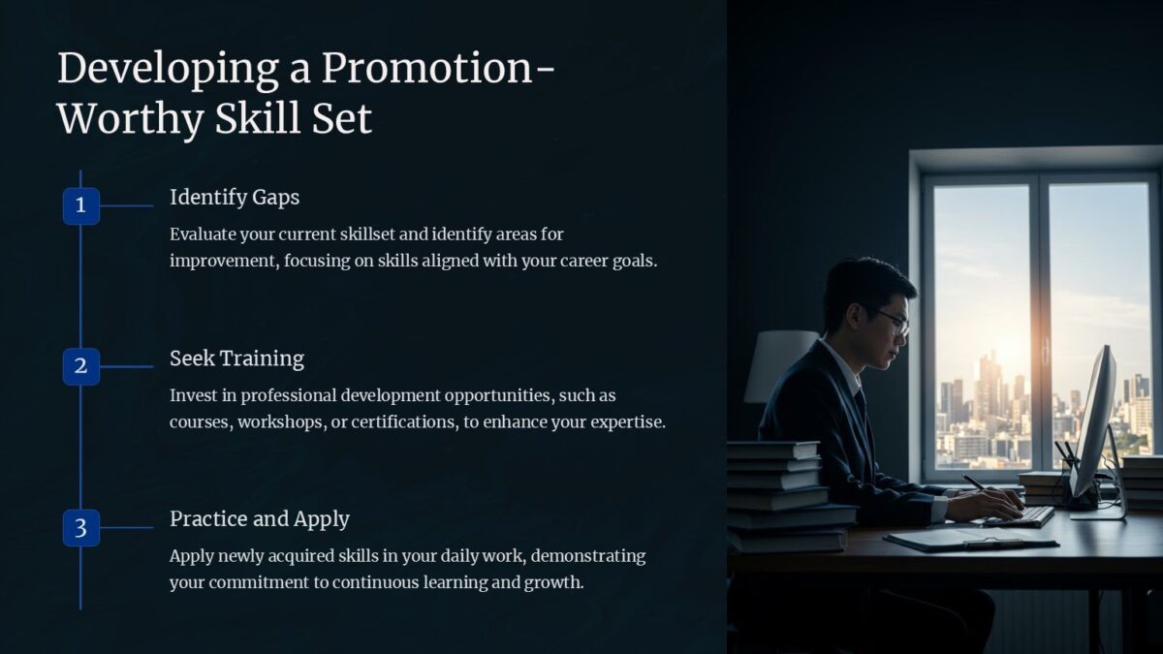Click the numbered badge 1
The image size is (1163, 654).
(x=81, y=205)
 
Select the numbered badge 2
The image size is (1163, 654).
(x=81, y=366)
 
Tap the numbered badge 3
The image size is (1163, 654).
(x=81, y=528)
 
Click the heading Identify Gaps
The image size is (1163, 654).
(x=235, y=198)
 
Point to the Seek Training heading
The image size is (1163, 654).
(x=236, y=358)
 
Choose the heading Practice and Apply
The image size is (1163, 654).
(x=260, y=519)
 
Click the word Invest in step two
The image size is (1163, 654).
(x=192, y=395)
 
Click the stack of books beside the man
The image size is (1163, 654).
(x=780, y=495)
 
